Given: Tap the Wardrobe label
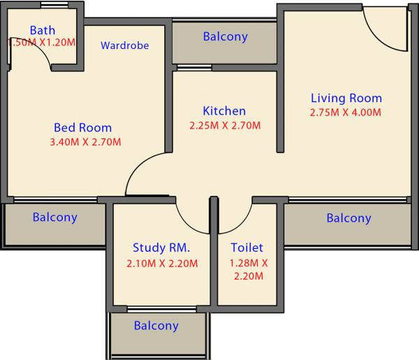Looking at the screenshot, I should point(124,45).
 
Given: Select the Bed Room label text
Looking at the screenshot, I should point(82,128).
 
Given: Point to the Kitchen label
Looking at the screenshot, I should point(224,111).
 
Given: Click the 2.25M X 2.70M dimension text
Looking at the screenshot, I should point(225,126).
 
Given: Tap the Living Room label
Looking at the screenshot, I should point(346,98).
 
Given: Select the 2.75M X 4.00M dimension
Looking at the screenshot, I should point(346,113).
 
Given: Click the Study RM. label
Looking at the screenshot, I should point(161,247).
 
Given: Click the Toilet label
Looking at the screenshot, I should point(247,247).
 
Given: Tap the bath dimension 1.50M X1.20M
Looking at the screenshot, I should point(41,43).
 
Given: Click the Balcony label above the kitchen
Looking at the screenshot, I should point(225,36).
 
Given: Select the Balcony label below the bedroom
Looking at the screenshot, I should point(54,217).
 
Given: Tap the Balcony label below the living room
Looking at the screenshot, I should point(348,218).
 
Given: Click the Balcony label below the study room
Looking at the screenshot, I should point(156,326).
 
